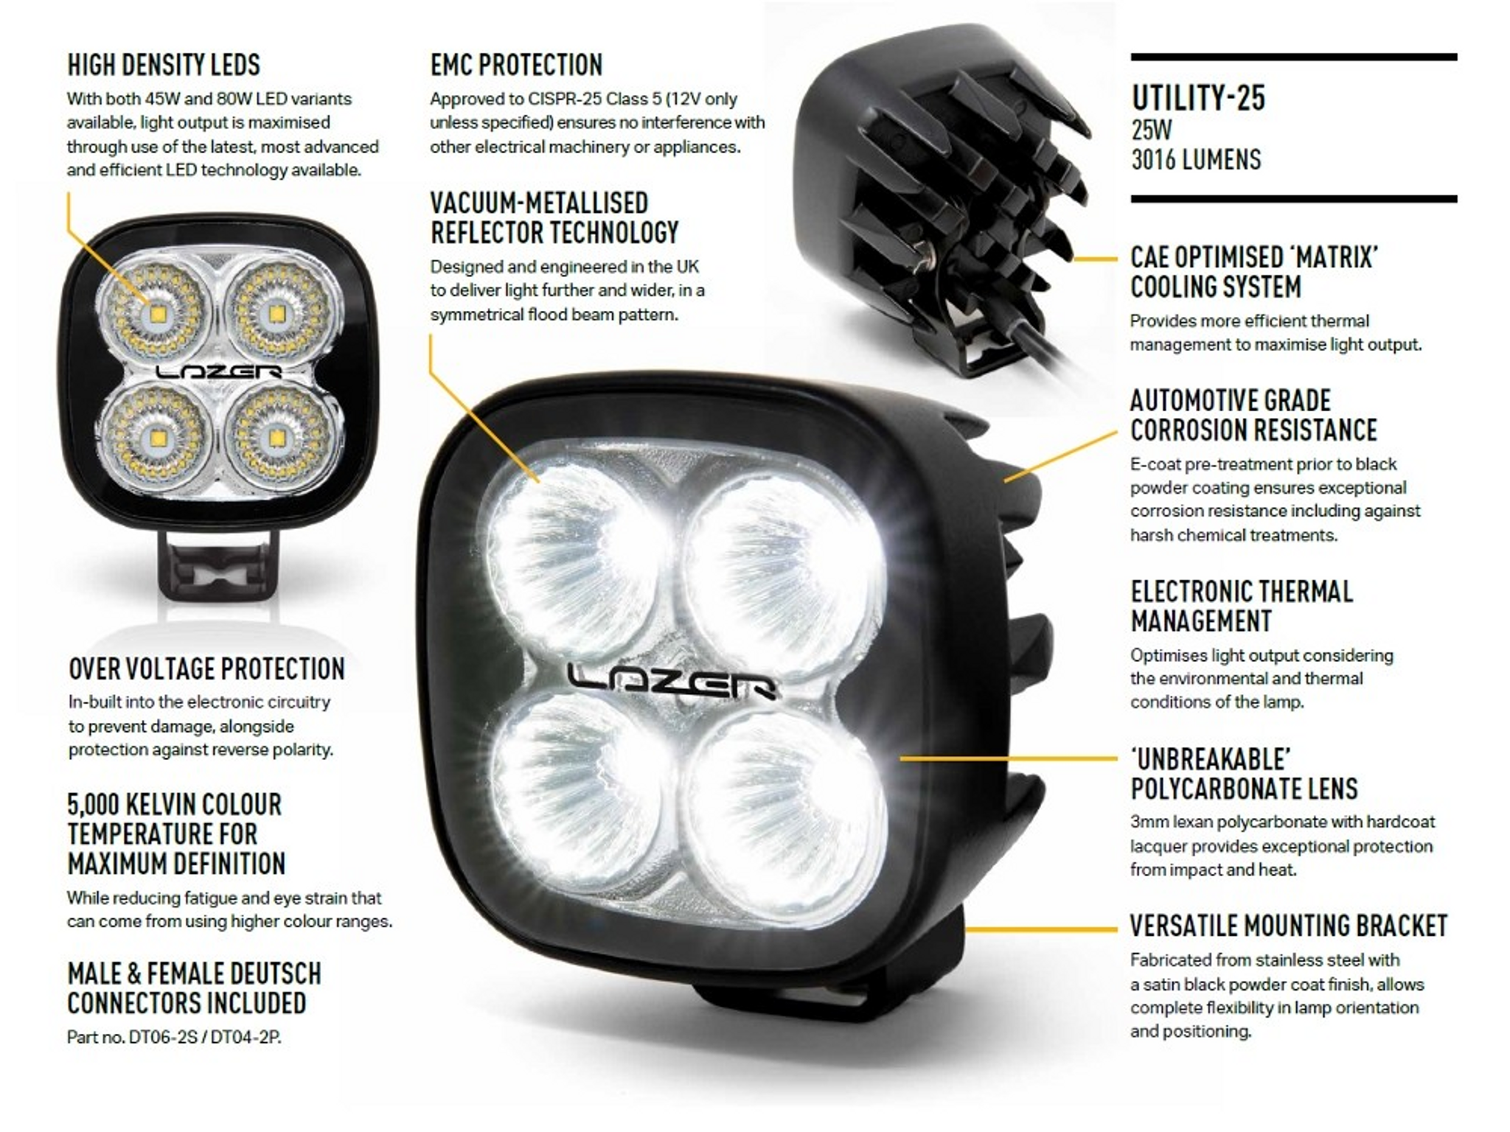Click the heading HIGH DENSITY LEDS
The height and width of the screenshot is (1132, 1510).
[x=164, y=65]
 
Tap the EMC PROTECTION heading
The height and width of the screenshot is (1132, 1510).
[x=516, y=65]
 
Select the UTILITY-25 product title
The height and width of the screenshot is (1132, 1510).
[x=1198, y=98]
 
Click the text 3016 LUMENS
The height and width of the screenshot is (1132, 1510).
[x=1196, y=159]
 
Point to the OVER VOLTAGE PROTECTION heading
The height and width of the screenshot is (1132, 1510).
[x=206, y=668]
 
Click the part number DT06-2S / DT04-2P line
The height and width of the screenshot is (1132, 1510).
[x=174, y=1037]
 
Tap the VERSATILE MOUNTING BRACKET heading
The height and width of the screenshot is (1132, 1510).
[x=1289, y=926]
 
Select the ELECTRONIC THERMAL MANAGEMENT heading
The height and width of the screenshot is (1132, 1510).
[x=1242, y=606]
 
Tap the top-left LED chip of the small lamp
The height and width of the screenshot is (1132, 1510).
[x=157, y=315]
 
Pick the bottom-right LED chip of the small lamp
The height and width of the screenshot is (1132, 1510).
[x=276, y=439]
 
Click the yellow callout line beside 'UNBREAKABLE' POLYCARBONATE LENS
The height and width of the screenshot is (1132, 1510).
[x=1009, y=758]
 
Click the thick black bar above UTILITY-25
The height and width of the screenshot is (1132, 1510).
[x=1294, y=57]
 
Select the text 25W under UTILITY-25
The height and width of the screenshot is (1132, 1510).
[x=1151, y=130]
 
